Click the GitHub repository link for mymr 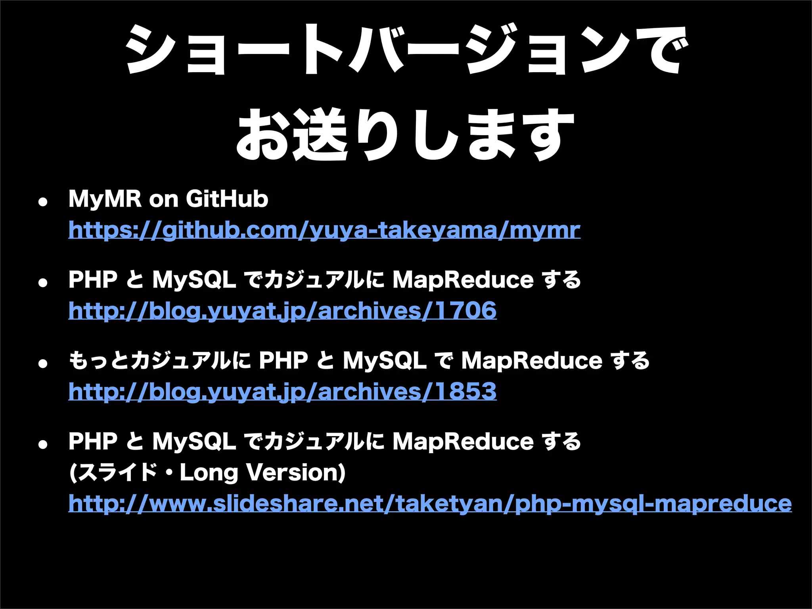324,230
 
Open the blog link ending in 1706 282,310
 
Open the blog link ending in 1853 282,391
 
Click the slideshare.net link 430,504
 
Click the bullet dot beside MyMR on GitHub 42,202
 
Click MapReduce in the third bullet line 531,360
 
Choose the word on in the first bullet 163,199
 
